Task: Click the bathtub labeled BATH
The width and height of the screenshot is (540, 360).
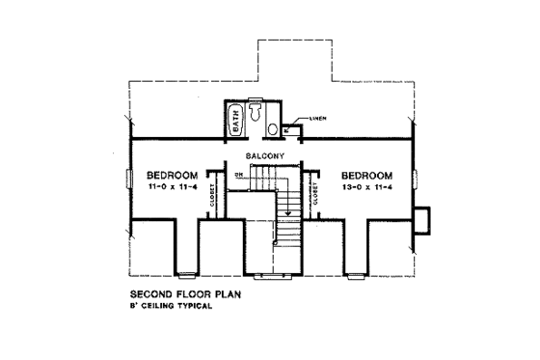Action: click(236, 122)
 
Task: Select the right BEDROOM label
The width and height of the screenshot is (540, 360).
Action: click(367, 174)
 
